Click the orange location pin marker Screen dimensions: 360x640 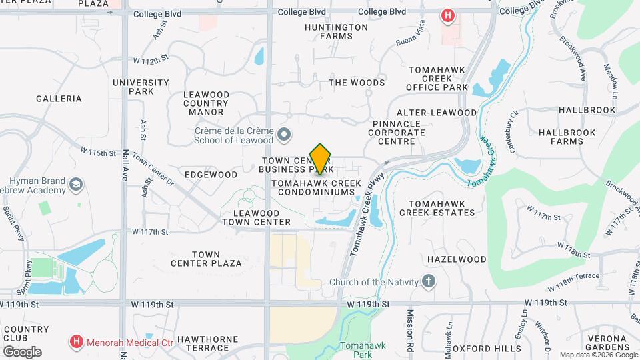tap(321, 159)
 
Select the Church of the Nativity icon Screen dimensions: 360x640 tap(429, 282)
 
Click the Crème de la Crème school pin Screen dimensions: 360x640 tap(285, 136)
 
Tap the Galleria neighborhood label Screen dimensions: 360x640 tap(59, 99)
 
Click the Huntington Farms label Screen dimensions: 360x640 tap(336, 31)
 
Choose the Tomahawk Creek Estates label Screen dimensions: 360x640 tap(437, 208)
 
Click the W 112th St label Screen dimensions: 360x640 tap(151, 61)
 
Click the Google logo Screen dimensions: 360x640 tap(22, 351)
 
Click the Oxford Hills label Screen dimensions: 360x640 tap(487, 349)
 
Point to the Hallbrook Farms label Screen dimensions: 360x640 tap(561, 137)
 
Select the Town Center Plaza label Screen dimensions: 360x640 tap(206, 259)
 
